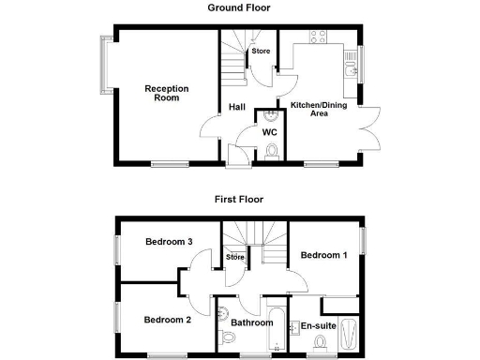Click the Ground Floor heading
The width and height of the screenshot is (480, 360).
[x=239, y=7]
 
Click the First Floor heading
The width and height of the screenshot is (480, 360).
[x=239, y=199]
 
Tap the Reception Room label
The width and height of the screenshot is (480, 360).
[x=166, y=93]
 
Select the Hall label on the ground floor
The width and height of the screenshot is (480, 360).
[x=236, y=107]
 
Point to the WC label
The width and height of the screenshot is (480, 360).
[x=269, y=132]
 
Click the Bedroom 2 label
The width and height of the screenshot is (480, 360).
[x=168, y=320]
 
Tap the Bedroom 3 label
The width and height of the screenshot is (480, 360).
[x=170, y=242]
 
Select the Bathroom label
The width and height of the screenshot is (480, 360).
[x=251, y=322]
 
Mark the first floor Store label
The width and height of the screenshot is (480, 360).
[x=234, y=257]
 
